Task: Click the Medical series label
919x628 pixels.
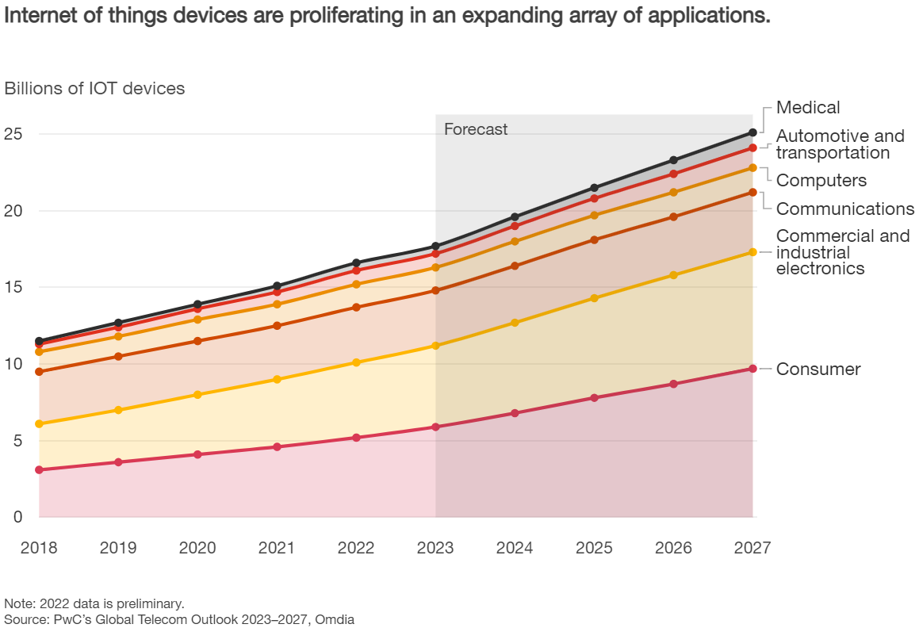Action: click(807, 108)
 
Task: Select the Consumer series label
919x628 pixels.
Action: click(818, 370)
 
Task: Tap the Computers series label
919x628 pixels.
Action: click(821, 181)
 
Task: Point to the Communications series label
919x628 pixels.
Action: click(844, 209)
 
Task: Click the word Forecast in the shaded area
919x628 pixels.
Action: click(475, 129)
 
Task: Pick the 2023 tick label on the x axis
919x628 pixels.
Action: click(435, 548)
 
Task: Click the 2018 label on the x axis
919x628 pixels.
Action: click(39, 548)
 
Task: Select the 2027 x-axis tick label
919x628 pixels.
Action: click(752, 548)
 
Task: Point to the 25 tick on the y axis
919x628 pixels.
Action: click(13, 134)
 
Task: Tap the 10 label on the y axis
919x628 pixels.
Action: click(13, 364)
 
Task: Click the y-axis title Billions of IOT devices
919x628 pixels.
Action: click(94, 89)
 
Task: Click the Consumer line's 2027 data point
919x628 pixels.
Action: click(752, 369)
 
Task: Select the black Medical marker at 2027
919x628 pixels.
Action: click(752, 132)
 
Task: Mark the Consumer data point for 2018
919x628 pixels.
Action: click(39, 470)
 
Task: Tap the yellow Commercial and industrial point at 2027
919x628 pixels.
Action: click(752, 252)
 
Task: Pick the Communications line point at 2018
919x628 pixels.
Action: click(39, 372)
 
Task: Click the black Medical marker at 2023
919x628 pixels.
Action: click(435, 247)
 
